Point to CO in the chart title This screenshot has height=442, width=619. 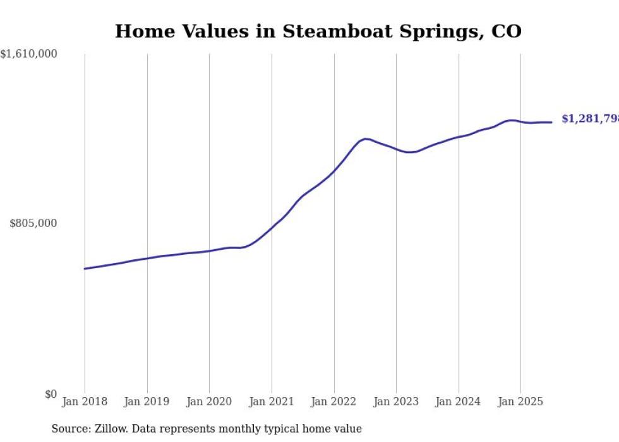coord(506,32)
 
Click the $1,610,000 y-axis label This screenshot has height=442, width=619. coord(29,54)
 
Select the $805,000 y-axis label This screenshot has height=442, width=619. coord(33,223)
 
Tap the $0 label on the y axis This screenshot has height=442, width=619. coord(51,394)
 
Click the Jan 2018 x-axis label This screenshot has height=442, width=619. coord(85,402)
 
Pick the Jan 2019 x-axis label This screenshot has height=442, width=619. coord(147,402)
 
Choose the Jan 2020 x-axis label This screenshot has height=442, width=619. coord(209,402)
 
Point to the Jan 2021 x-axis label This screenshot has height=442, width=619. coord(272,402)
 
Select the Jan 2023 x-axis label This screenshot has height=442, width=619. coord(396,402)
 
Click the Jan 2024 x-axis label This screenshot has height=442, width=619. coord(459,402)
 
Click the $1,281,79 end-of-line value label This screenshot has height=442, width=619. coord(589,119)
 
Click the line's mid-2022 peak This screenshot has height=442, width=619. coord(365,138)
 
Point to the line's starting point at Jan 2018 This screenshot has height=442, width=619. coord(85,269)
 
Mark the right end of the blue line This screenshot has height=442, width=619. coord(551,122)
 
